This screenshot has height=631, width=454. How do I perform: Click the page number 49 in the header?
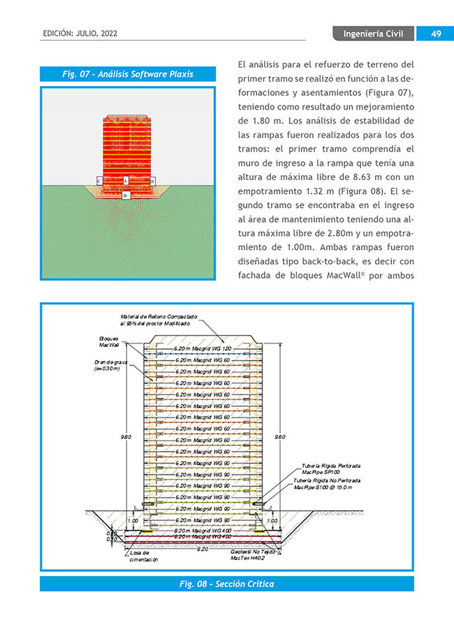click(x=434, y=34)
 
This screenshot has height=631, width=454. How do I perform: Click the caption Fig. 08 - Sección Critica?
click(x=226, y=584)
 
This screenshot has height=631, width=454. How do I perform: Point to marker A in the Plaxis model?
click(x=126, y=180)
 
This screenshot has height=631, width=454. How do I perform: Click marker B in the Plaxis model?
click(x=126, y=196)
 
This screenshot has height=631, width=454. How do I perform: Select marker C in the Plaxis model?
click(x=99, y=181)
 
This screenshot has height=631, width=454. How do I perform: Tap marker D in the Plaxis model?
click(x=152, y=181)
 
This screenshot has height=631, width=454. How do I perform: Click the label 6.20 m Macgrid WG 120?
click(x=203, y=348)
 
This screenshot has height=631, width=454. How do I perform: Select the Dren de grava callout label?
click(x=108, y=365)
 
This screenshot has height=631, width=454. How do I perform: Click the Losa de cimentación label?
click(x=144, y=556)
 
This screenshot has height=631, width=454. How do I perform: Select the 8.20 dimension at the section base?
click(x=203, y=549)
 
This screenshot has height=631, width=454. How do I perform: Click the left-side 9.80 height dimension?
click(x=126, y=437)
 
